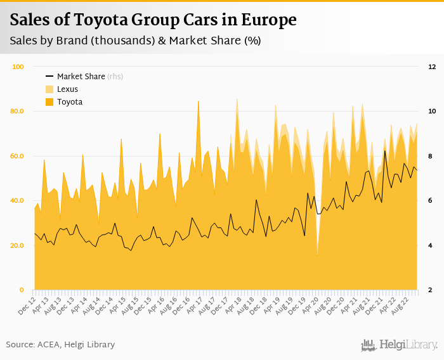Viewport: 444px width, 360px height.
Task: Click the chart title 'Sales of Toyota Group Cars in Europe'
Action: (153, 20)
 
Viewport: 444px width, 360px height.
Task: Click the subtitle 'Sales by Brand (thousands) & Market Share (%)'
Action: (135, 41)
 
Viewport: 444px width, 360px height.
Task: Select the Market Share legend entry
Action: (81, 77)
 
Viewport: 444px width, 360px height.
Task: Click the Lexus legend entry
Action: (67, 89)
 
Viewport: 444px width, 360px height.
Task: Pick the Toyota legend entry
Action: (70, 102)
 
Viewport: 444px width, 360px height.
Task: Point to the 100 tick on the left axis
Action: (18, 67)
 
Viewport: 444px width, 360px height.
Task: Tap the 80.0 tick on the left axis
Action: (16, 112)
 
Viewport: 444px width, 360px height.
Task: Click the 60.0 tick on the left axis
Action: (16, 156)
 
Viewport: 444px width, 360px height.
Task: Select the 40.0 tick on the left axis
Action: (16, 201)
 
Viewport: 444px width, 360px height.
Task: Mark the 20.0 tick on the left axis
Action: (16, 245)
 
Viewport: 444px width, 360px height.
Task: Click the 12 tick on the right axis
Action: (431, 67)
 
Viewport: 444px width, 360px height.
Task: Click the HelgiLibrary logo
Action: (399, 345)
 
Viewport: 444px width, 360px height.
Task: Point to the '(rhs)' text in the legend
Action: (115, 77)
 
